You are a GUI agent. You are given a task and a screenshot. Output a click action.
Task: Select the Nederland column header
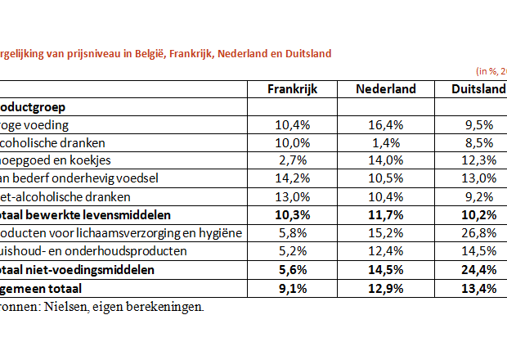(387, 89)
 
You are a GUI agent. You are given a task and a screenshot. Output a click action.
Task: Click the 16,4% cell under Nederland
(387, 125)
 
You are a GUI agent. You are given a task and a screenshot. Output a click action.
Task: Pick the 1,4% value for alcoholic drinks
(387, 143)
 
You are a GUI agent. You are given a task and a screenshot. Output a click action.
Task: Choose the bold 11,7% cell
(387, 215)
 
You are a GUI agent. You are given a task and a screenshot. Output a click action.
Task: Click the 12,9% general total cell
(387, 288)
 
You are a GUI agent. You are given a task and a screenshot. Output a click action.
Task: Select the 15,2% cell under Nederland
(387, 233)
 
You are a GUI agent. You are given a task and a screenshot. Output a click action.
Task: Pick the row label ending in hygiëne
(123, 233)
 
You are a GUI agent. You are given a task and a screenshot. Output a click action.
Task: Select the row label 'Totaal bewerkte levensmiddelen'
(86, 215)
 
